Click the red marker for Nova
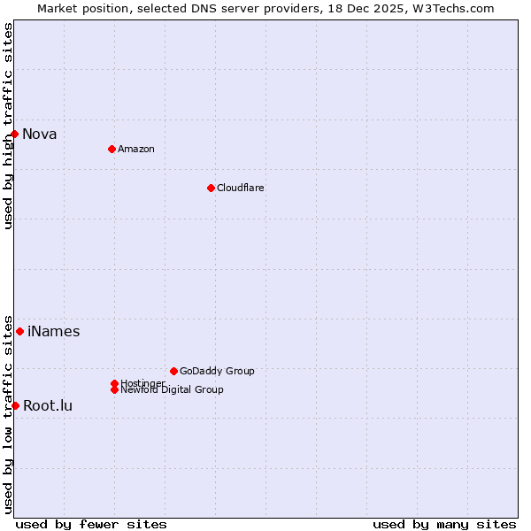[15, 134]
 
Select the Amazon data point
[112, 149]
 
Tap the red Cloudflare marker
[211, 188]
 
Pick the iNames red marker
[19, 331]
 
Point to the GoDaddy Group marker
[173, 371]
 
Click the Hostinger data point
[114, 383]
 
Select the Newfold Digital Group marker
[114, 389]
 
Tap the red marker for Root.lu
[15, 405]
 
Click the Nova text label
[40, 135]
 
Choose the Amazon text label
[136, 149]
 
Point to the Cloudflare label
[241, 188]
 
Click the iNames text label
[54, 332]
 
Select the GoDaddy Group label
[217, 371]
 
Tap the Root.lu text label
[48, 406]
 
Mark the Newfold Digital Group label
[173, 390]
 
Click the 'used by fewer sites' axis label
[91, 524]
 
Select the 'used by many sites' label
[444, 524]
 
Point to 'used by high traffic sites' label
[8, 126]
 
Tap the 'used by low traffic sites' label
[8, 413]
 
